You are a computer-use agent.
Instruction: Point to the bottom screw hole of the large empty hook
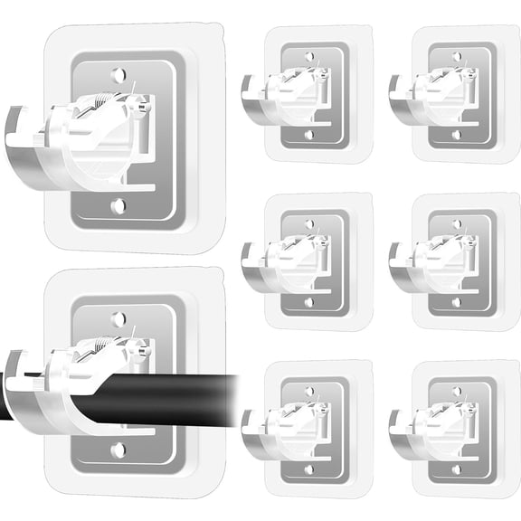pos(118,206)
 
